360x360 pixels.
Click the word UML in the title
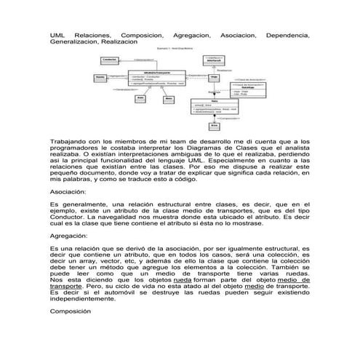[57, 35]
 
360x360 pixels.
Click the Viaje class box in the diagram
[215, 77]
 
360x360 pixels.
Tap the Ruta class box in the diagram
[215, 108]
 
